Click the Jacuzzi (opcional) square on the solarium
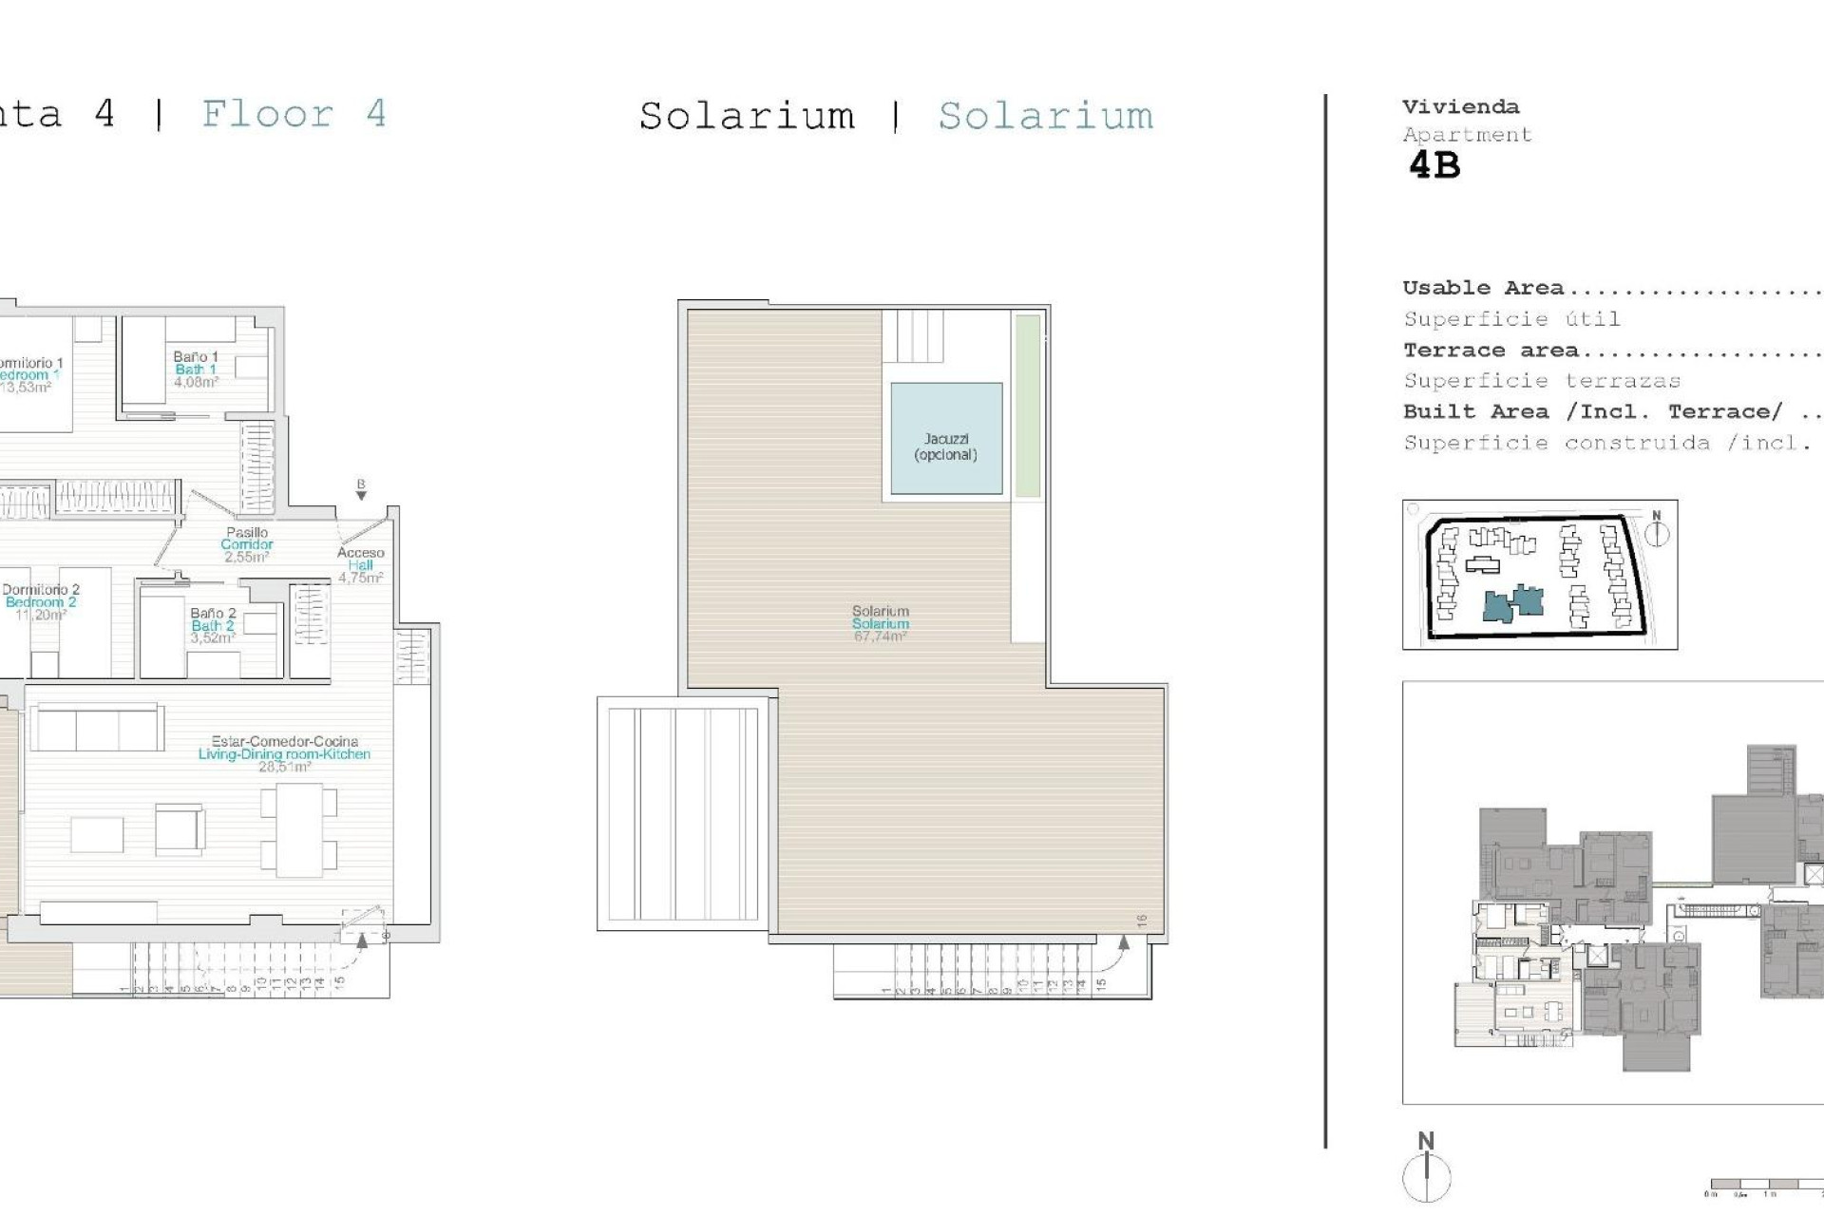click(x=946, y=439)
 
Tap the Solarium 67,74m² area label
click(x=881, y=624)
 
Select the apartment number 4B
click(x=1434, y=166)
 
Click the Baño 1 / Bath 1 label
click(x=196, y=370)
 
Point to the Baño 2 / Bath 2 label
click(x=213, y=625)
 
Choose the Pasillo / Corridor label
click(x=247, y=544)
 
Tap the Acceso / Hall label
click(x=361, y=564)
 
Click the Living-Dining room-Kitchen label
click(x=284, y=753)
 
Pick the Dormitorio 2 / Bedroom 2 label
click(x=40, y=601)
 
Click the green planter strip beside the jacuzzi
click(x=1027, y=406)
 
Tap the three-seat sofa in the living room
click(x=97, y=729)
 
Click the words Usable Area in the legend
click(x=1483, y=288)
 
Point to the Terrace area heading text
click(x=1491, y=351)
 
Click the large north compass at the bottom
click(x=1427, y=1175)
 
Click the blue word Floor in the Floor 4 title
click(x=267, y=115)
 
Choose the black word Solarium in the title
click(x=747, y=117)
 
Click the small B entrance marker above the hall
click(x=361, y=488)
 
